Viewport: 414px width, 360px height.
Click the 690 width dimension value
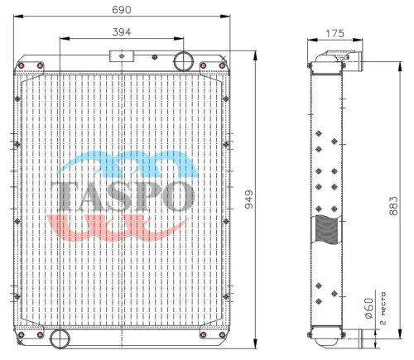point(122,10)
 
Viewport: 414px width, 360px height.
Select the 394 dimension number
point(122,32)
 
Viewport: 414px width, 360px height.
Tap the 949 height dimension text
point(249,199)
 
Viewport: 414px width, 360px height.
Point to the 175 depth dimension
point(335,33)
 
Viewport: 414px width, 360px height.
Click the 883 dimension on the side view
point(393,206)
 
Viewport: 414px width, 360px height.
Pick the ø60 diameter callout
point(369,308)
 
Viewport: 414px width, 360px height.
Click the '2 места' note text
point(383,308)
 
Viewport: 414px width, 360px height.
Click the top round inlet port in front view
point(183,61)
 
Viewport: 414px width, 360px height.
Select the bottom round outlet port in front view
point(60,338)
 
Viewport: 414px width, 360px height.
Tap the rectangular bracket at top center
point(122,56)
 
